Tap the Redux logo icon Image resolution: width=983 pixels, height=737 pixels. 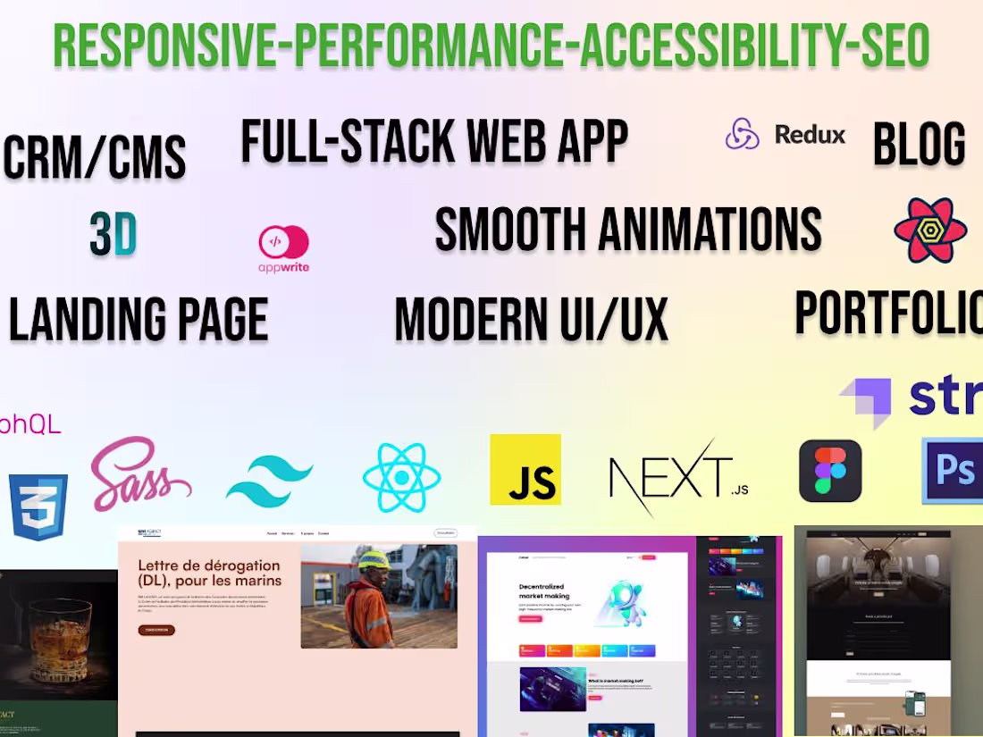click(x=742, y=135)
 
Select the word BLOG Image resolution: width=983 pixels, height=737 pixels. click(x=919, y=145)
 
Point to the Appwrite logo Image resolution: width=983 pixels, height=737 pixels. click(x=283, y=248)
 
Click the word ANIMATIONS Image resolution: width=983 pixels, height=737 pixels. click(x=710, y=230)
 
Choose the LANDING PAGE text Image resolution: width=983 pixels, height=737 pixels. click(x=139, y=320)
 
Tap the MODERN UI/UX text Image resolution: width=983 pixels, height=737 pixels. click(x=532, y=320)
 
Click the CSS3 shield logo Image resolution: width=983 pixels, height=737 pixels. click(x=38, y=507)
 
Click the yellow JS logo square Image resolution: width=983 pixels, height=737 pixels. click(x=525, y=470)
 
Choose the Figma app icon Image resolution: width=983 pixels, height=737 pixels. click(x=830, y=471)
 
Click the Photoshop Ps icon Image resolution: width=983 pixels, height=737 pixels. click(x=954, y=470)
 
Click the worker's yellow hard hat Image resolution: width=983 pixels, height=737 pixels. click(x=374, y=561)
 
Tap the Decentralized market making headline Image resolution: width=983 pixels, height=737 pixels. click(x=544, y=590)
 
